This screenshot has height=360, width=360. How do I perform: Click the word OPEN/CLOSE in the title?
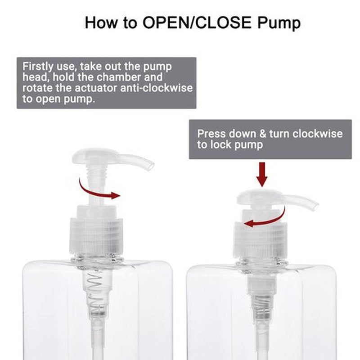pos(197,22)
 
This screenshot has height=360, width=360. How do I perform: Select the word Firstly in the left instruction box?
pos(38,67)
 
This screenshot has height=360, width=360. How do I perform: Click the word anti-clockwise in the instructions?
pos(156,88)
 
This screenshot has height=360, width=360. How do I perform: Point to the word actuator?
pos(96,88)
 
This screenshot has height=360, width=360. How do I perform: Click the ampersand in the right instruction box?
pos(263,134)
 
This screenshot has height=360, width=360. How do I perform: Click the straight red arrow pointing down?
pos(262,174)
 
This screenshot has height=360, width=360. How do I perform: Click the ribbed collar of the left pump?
pos(96,236)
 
